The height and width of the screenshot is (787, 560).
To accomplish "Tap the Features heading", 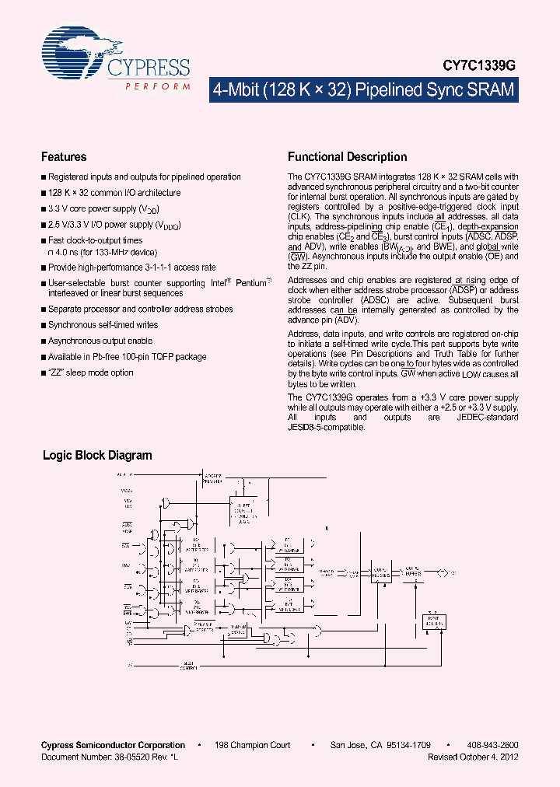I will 64,157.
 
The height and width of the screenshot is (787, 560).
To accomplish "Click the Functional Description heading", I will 347,157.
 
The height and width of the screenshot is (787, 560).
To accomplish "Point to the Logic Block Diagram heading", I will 97,456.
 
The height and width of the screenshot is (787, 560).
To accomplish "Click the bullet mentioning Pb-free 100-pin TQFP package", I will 127,357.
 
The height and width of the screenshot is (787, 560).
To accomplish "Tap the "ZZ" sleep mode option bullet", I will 90,373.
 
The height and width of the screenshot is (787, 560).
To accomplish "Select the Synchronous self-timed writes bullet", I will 103,325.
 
